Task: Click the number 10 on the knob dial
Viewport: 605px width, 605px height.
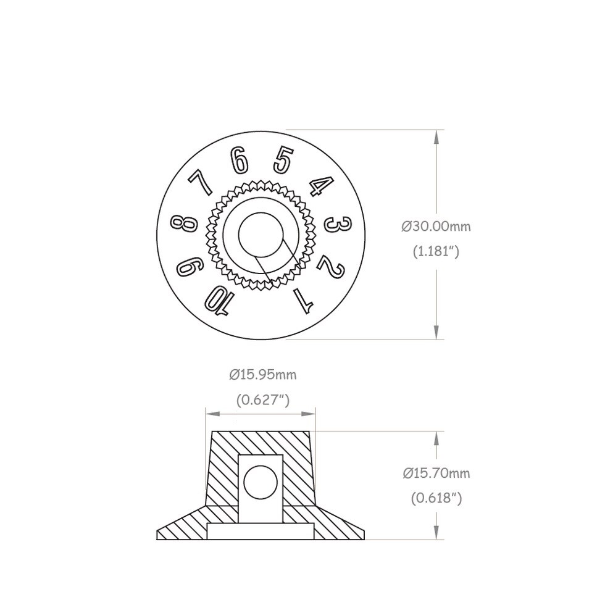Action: click(x=219, y=301)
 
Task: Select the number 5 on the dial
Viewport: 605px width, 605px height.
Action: click(x=283, y=160)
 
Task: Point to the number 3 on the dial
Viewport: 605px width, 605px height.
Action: click(x=338, y=224)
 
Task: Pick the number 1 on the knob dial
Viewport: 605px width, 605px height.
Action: click(x=303, y=300)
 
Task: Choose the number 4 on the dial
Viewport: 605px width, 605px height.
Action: click(x=321, y=186)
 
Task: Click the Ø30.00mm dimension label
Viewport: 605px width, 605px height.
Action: click(x=436, y=226)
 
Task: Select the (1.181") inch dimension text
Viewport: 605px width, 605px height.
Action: click(x=436, y=252)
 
